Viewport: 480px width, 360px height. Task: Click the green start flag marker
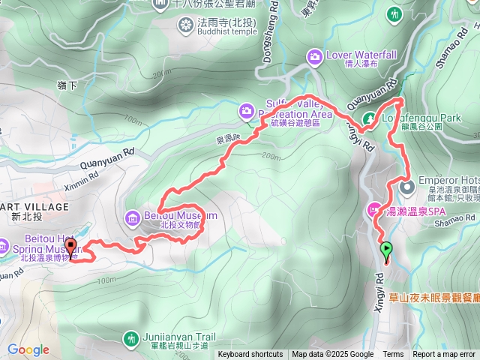pyautogui.click(x=386, y=250)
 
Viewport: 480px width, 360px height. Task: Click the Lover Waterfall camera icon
pyautogui.click(x=315, y=56)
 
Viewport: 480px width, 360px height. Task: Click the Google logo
pyautogui.click(x=28, y=349)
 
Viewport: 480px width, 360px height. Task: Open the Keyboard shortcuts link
pyautogui.click(x=250, y=355)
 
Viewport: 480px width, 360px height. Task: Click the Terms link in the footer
pyautogui.click(x=393, y=355)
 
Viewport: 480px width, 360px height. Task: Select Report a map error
pyautogui.click(x=445, y=355)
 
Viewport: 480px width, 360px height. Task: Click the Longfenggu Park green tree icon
pyautogui.click(x=369, y=118)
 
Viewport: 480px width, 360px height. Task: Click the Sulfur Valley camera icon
pyautogui.click(x=246, y=112)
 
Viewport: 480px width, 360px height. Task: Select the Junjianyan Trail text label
pyautogui.click(x=179, y=337)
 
